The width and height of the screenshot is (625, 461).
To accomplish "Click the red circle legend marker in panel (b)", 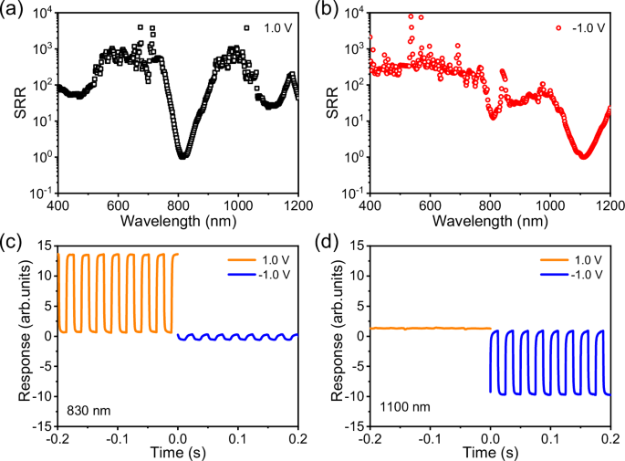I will tap(557, 27).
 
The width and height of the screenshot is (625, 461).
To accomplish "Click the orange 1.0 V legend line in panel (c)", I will tap(236, 257).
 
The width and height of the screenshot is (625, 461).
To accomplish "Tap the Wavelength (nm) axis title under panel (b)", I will tap(491, 220).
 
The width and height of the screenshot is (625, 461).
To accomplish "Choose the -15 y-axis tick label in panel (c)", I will tap(42, 425).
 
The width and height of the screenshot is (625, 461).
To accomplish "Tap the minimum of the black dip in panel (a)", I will tap(183, 156).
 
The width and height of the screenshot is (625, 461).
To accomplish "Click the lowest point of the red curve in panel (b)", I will tap(583, 156).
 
